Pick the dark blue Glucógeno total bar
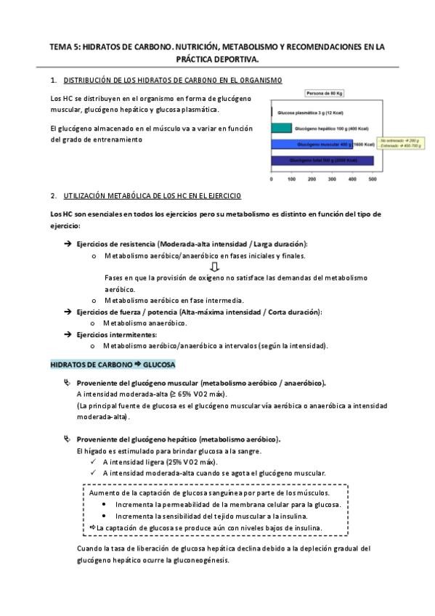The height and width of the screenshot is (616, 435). pyautogui.click(x=322, y=160)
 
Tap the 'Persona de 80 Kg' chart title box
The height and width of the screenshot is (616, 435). pyautogui.click(x=323, y=94)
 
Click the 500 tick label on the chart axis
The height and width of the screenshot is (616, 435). pyautogui.click(x=373, y=178)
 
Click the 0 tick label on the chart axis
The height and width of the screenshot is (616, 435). pyautogui.click(x=271, y=178)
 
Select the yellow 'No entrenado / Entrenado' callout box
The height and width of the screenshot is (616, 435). pyautogui.click(x=401, y=144)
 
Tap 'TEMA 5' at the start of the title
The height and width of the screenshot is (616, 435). pyautogui.click(x=64, y=46)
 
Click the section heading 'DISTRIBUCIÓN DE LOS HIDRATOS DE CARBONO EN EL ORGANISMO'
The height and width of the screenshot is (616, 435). pyautogui.click(x=174, y=79)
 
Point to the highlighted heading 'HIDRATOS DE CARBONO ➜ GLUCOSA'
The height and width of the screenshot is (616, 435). pyautogui.click(x=111, y=362)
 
